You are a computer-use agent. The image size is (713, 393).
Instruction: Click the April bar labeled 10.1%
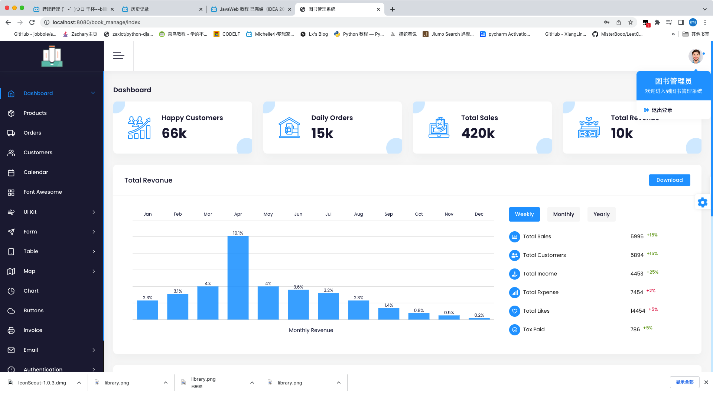(x=238, y=278)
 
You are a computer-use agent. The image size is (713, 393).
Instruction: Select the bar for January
(x=147, y=310)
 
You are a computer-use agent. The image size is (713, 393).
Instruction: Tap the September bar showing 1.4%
(x=388, y=314)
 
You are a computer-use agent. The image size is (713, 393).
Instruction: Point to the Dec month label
(x=479, y=214)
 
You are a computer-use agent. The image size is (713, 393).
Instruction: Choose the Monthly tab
(x=563, y=214)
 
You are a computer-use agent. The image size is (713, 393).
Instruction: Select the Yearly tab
(x=602, y=214)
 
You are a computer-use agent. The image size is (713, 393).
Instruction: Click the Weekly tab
(x=524, y=214)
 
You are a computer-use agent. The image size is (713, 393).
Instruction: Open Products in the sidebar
(x=35, y=113)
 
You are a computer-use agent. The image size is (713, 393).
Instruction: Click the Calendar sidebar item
(x=36, y=172)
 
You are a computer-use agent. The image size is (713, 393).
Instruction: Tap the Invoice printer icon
(x=11, y=330)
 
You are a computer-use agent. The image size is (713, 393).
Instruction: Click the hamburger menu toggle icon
(x=118, y=56)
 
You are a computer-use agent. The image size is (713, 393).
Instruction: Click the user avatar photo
(x=696, y=56)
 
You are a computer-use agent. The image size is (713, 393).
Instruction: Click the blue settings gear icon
(x=703, y=202)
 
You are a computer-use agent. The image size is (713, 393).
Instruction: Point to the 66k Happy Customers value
(x=174, y=133)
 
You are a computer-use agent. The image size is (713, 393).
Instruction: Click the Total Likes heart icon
(x=515, y=311)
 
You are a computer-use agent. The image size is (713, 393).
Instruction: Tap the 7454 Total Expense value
(x=637, y=292)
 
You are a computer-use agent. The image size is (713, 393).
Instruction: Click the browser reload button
(x=32, y=22)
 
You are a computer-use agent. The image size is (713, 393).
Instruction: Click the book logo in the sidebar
(x=52, y=56)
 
